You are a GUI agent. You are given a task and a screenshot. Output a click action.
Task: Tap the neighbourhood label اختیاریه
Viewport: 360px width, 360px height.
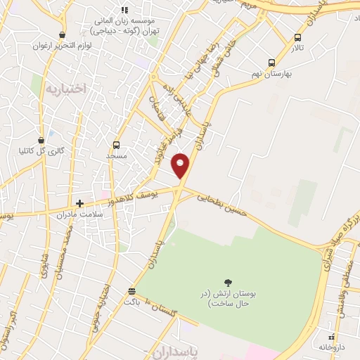click(65, 89)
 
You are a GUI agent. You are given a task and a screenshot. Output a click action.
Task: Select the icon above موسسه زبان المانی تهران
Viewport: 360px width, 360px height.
click(125, 10)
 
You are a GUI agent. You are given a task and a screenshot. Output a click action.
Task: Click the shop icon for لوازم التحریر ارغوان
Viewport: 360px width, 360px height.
click(63, 34)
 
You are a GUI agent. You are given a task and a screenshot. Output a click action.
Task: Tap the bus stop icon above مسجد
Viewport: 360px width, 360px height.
click(115, 145)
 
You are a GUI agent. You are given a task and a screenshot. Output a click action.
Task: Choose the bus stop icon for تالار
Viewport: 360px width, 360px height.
click(298, 37)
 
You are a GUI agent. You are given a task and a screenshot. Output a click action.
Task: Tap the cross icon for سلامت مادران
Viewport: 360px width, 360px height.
click(80, 202)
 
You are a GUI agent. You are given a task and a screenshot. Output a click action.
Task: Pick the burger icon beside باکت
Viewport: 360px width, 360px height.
click(131, 291)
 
